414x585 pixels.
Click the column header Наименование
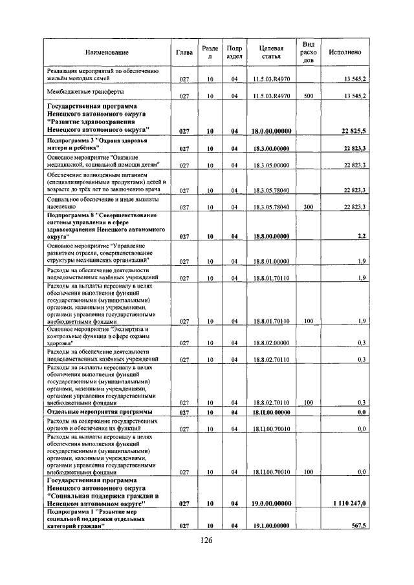coord(106,52)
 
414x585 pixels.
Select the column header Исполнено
coord(345,52)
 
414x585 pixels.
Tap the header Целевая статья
coord(271,52)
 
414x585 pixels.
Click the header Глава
coord(184,52)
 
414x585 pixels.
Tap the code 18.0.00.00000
coord(271,131)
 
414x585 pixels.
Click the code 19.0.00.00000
coord(271,503)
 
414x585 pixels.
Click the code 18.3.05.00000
coord(271,166)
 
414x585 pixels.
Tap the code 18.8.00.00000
coord(271,237)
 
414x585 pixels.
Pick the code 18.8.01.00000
coord(271,261)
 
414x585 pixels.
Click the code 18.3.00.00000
coord(271,149)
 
